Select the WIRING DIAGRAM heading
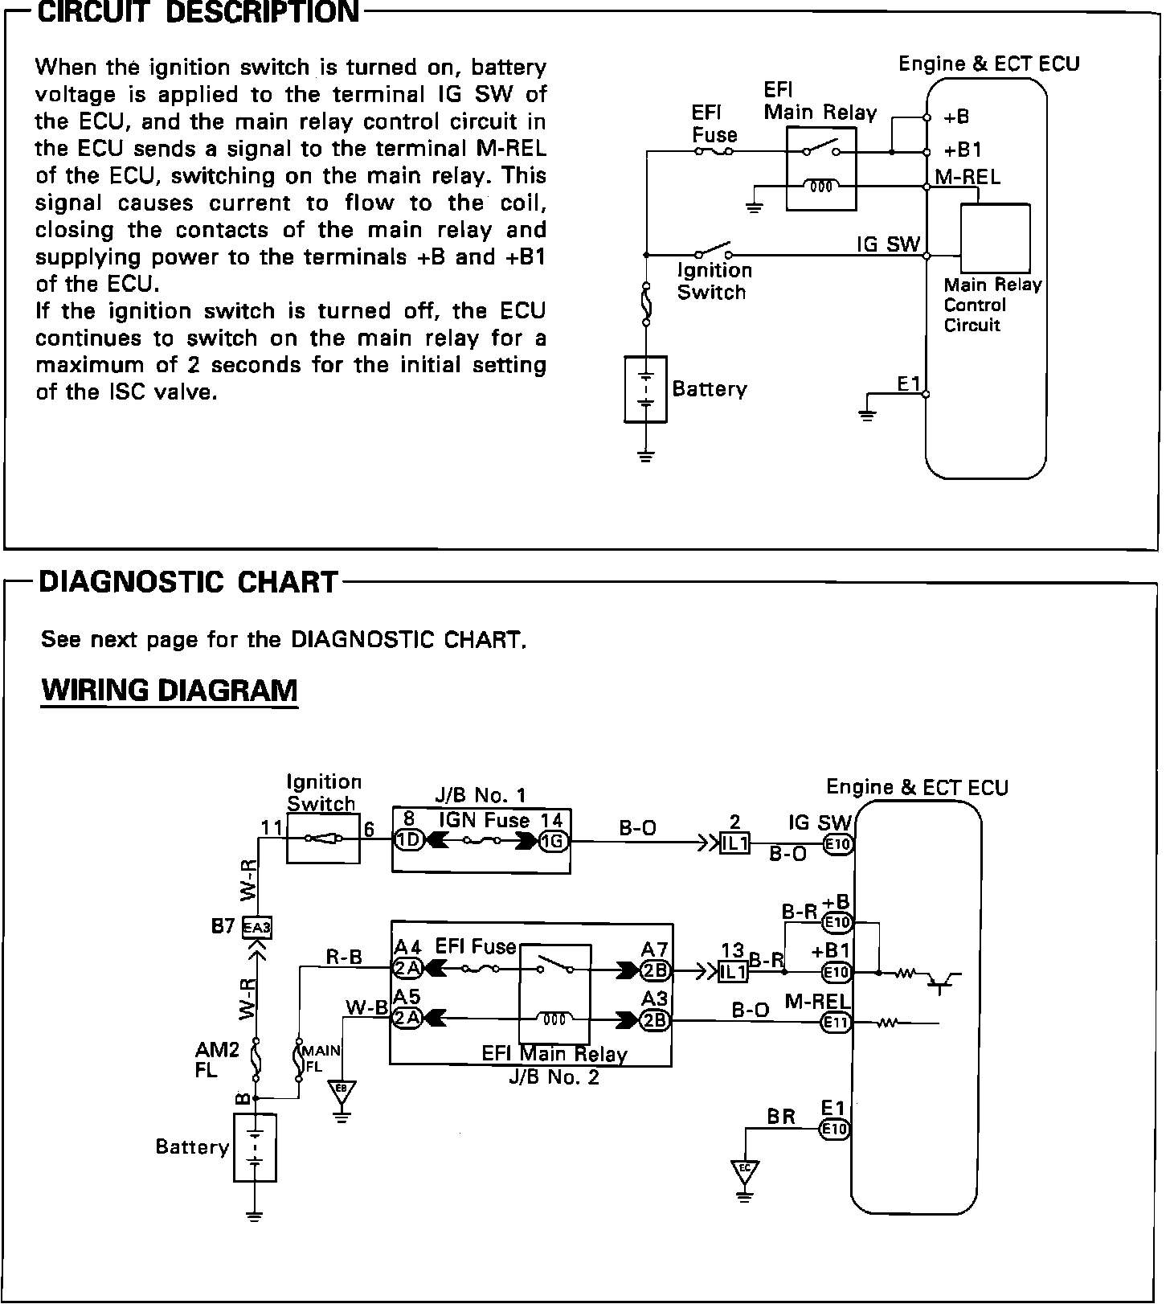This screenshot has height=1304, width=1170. click(169, 690)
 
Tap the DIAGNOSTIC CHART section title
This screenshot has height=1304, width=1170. click(188, 581)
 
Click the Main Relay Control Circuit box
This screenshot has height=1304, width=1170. click(996, 238)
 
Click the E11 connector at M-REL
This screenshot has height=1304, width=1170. click(836, 1023)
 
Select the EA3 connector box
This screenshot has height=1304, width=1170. click(257, 927)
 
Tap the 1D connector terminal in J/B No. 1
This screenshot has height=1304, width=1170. click(408, 841)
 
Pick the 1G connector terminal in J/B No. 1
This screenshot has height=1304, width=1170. click(552, 841)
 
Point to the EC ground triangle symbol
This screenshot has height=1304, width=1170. click(745, 1170)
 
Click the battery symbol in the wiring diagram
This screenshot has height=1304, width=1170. click(255, 1147)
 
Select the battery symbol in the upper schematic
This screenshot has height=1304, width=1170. click(645, 389)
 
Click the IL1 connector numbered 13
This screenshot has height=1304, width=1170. click(733, 971)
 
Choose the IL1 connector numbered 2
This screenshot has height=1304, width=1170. click(734, 843)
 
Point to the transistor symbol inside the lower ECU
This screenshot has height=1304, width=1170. click(943, 978)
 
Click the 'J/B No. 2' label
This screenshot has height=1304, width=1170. click(554, 1076)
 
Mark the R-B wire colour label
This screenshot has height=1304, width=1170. click(343, 956)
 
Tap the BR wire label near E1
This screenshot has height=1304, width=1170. click(780, 1116)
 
